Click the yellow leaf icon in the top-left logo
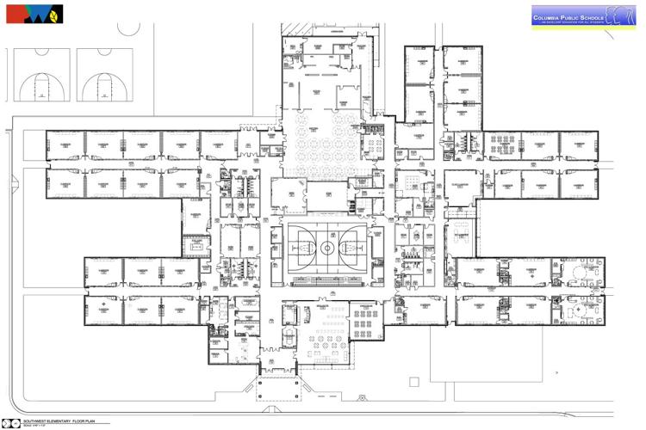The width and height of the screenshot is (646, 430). pos(54,15)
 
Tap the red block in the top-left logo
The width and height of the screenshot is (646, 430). pos(15,14)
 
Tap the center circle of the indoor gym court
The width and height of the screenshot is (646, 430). pos(327,248)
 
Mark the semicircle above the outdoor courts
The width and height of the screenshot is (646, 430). pos(129,29)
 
